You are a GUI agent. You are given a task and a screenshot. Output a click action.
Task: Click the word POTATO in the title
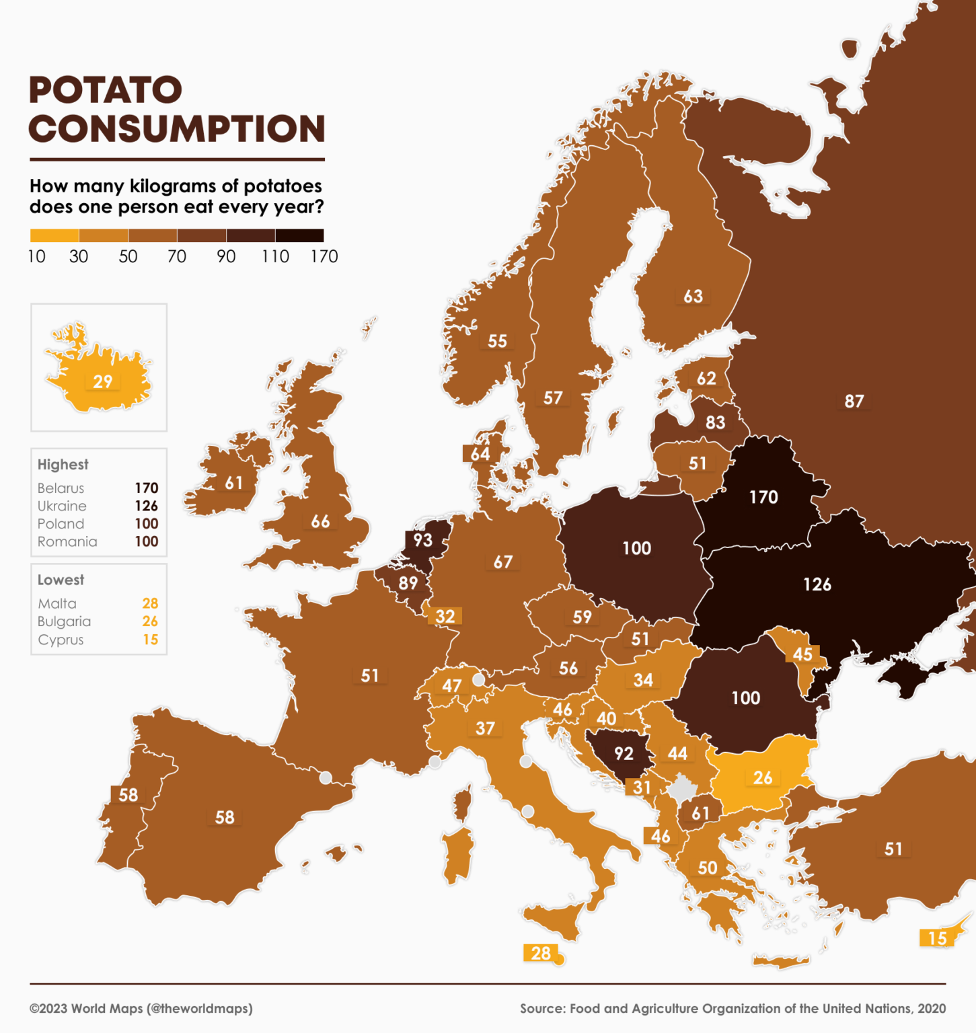pos(106,90)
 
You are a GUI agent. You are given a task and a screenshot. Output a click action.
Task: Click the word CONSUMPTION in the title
pos(177,129)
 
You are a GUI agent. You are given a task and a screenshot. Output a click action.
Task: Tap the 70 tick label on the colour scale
pos(177,257)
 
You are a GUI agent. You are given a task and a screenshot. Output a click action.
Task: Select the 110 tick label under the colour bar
pos(275,257)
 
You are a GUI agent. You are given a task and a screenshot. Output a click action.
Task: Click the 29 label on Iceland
pos(102,382)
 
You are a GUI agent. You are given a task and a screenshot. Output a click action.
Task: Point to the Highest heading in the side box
pos(63,465)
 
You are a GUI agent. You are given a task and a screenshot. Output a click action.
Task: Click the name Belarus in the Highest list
pos(61,488)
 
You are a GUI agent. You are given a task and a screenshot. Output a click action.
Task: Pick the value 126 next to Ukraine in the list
pos(146,506)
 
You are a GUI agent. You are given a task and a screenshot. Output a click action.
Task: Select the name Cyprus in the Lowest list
pos(61,640)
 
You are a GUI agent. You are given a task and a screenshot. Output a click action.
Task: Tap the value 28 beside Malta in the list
pos(150,604)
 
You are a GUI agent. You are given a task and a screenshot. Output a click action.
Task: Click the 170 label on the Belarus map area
pos(763,497)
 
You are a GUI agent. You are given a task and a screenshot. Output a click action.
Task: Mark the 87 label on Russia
pos(854,401)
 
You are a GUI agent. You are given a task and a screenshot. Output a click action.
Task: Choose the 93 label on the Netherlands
pos(422,540)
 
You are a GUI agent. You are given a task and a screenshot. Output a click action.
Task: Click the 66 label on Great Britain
pos(320,522)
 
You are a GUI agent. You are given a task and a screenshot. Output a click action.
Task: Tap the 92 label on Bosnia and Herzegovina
pos(624,753)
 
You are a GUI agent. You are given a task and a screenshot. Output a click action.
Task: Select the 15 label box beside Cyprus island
pos(937,938)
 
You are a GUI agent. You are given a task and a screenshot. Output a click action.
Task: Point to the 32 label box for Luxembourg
pos(445,617)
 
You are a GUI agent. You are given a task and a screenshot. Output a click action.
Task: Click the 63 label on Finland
pos(693,297)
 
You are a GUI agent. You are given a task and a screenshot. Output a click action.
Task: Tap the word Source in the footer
pos(541,1008)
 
